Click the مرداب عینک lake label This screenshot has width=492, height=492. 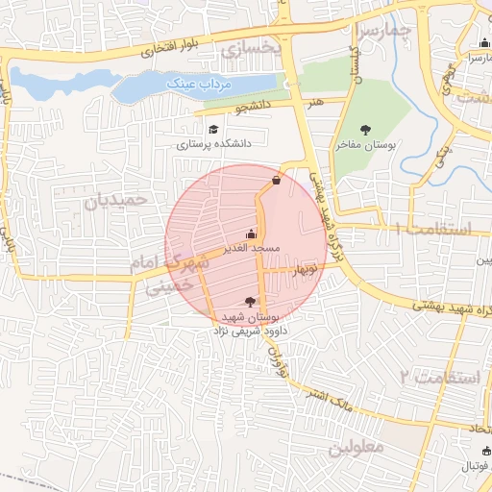tap(201, 85)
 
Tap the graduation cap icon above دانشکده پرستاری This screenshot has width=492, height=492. tap(212, 129)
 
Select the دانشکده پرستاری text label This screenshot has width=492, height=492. tap(213, 145)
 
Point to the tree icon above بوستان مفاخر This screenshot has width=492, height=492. tap(365, 130)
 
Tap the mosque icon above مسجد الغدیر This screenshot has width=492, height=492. tap(252, 233)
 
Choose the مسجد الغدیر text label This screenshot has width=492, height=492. tap(252, 248)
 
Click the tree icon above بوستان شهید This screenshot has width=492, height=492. tap(252, 302)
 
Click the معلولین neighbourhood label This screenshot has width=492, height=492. tap(355, 447)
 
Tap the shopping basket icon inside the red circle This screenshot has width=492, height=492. tap(277, 179)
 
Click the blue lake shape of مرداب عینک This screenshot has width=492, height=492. tap(77, 86)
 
